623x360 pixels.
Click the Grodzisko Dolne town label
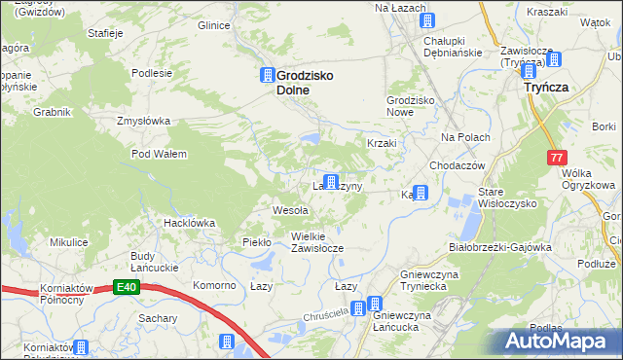[308, 82]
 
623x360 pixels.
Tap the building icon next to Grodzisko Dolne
[267, 75]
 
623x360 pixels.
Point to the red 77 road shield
[555, 157]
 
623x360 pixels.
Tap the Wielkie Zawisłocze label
[317, 241]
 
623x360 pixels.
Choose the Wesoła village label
[290, 210]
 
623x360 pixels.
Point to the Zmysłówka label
[143, 122]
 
